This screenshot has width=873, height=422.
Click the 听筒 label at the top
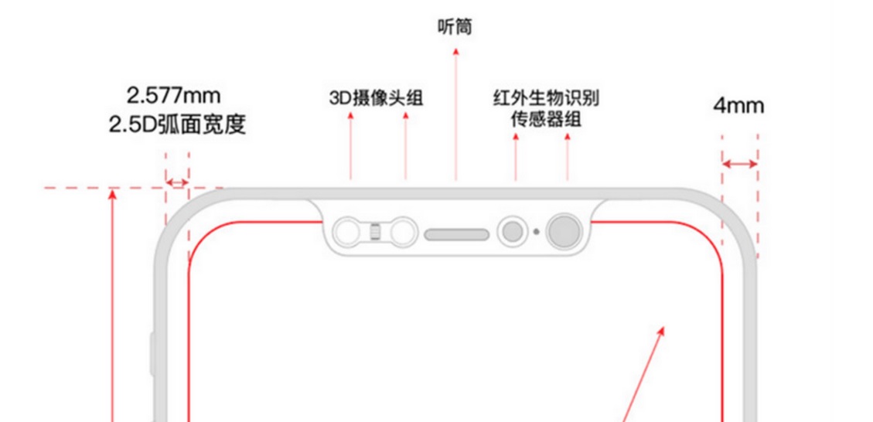click(455, 29)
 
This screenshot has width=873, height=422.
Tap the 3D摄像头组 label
click(377, 99)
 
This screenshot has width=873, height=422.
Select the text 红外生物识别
click(546, 99)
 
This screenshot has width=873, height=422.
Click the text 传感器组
click(546, 120)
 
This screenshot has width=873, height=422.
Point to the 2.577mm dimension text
click(174, 96)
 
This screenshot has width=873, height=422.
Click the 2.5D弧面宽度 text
click(178, 124)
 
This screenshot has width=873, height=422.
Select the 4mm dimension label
click(738, 106)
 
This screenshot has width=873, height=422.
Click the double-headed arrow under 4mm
click(739, 164)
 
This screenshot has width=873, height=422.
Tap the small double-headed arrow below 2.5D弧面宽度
click(177, 182)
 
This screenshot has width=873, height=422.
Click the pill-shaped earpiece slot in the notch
click(457, 234)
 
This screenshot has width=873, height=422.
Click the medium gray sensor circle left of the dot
click(511, 231)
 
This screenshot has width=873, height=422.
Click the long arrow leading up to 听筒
click(456, 116)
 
